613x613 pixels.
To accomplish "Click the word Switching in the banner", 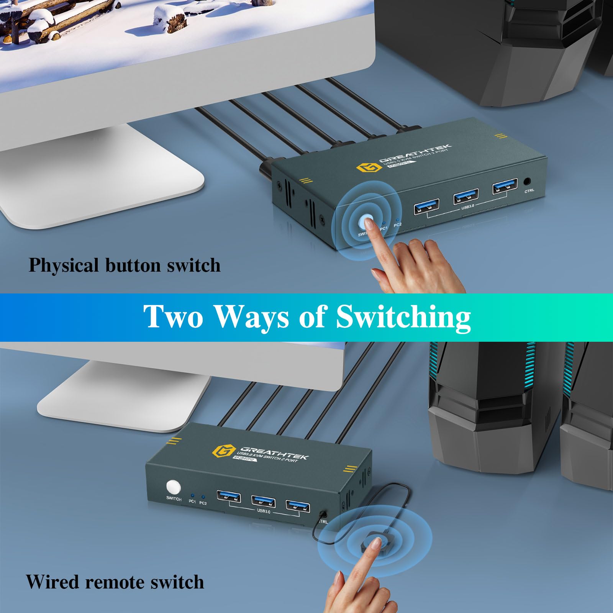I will [403, 316].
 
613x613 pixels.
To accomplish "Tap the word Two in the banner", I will [173, 316].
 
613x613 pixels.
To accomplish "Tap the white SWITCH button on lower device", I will [173, 487].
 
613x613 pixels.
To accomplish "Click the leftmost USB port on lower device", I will [229, 497].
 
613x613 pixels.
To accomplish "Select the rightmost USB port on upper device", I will [505, 188].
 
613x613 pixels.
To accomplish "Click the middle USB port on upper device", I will [465, 197].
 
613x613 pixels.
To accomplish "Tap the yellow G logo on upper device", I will [364, 167].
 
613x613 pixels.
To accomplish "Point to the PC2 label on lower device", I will [203, 503].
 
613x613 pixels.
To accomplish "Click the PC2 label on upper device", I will [397, 225].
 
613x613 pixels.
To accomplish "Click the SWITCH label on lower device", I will [174, 499].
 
